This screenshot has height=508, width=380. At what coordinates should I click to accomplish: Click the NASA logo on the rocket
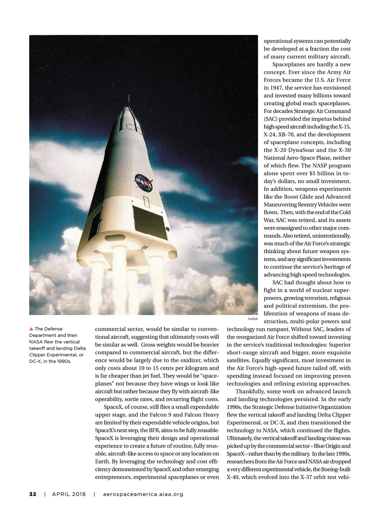143,183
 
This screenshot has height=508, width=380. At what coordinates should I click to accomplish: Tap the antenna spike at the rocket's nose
129,101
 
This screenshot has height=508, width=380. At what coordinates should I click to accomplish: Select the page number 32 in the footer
33,494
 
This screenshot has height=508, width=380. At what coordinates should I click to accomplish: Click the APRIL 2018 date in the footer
69,494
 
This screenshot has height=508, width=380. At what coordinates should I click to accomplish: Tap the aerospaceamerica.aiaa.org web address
143,494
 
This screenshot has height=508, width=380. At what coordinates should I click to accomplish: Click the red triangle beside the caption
31,329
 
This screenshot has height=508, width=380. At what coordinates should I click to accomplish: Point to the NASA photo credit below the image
253,319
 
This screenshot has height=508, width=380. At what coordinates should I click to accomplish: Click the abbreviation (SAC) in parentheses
270,119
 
